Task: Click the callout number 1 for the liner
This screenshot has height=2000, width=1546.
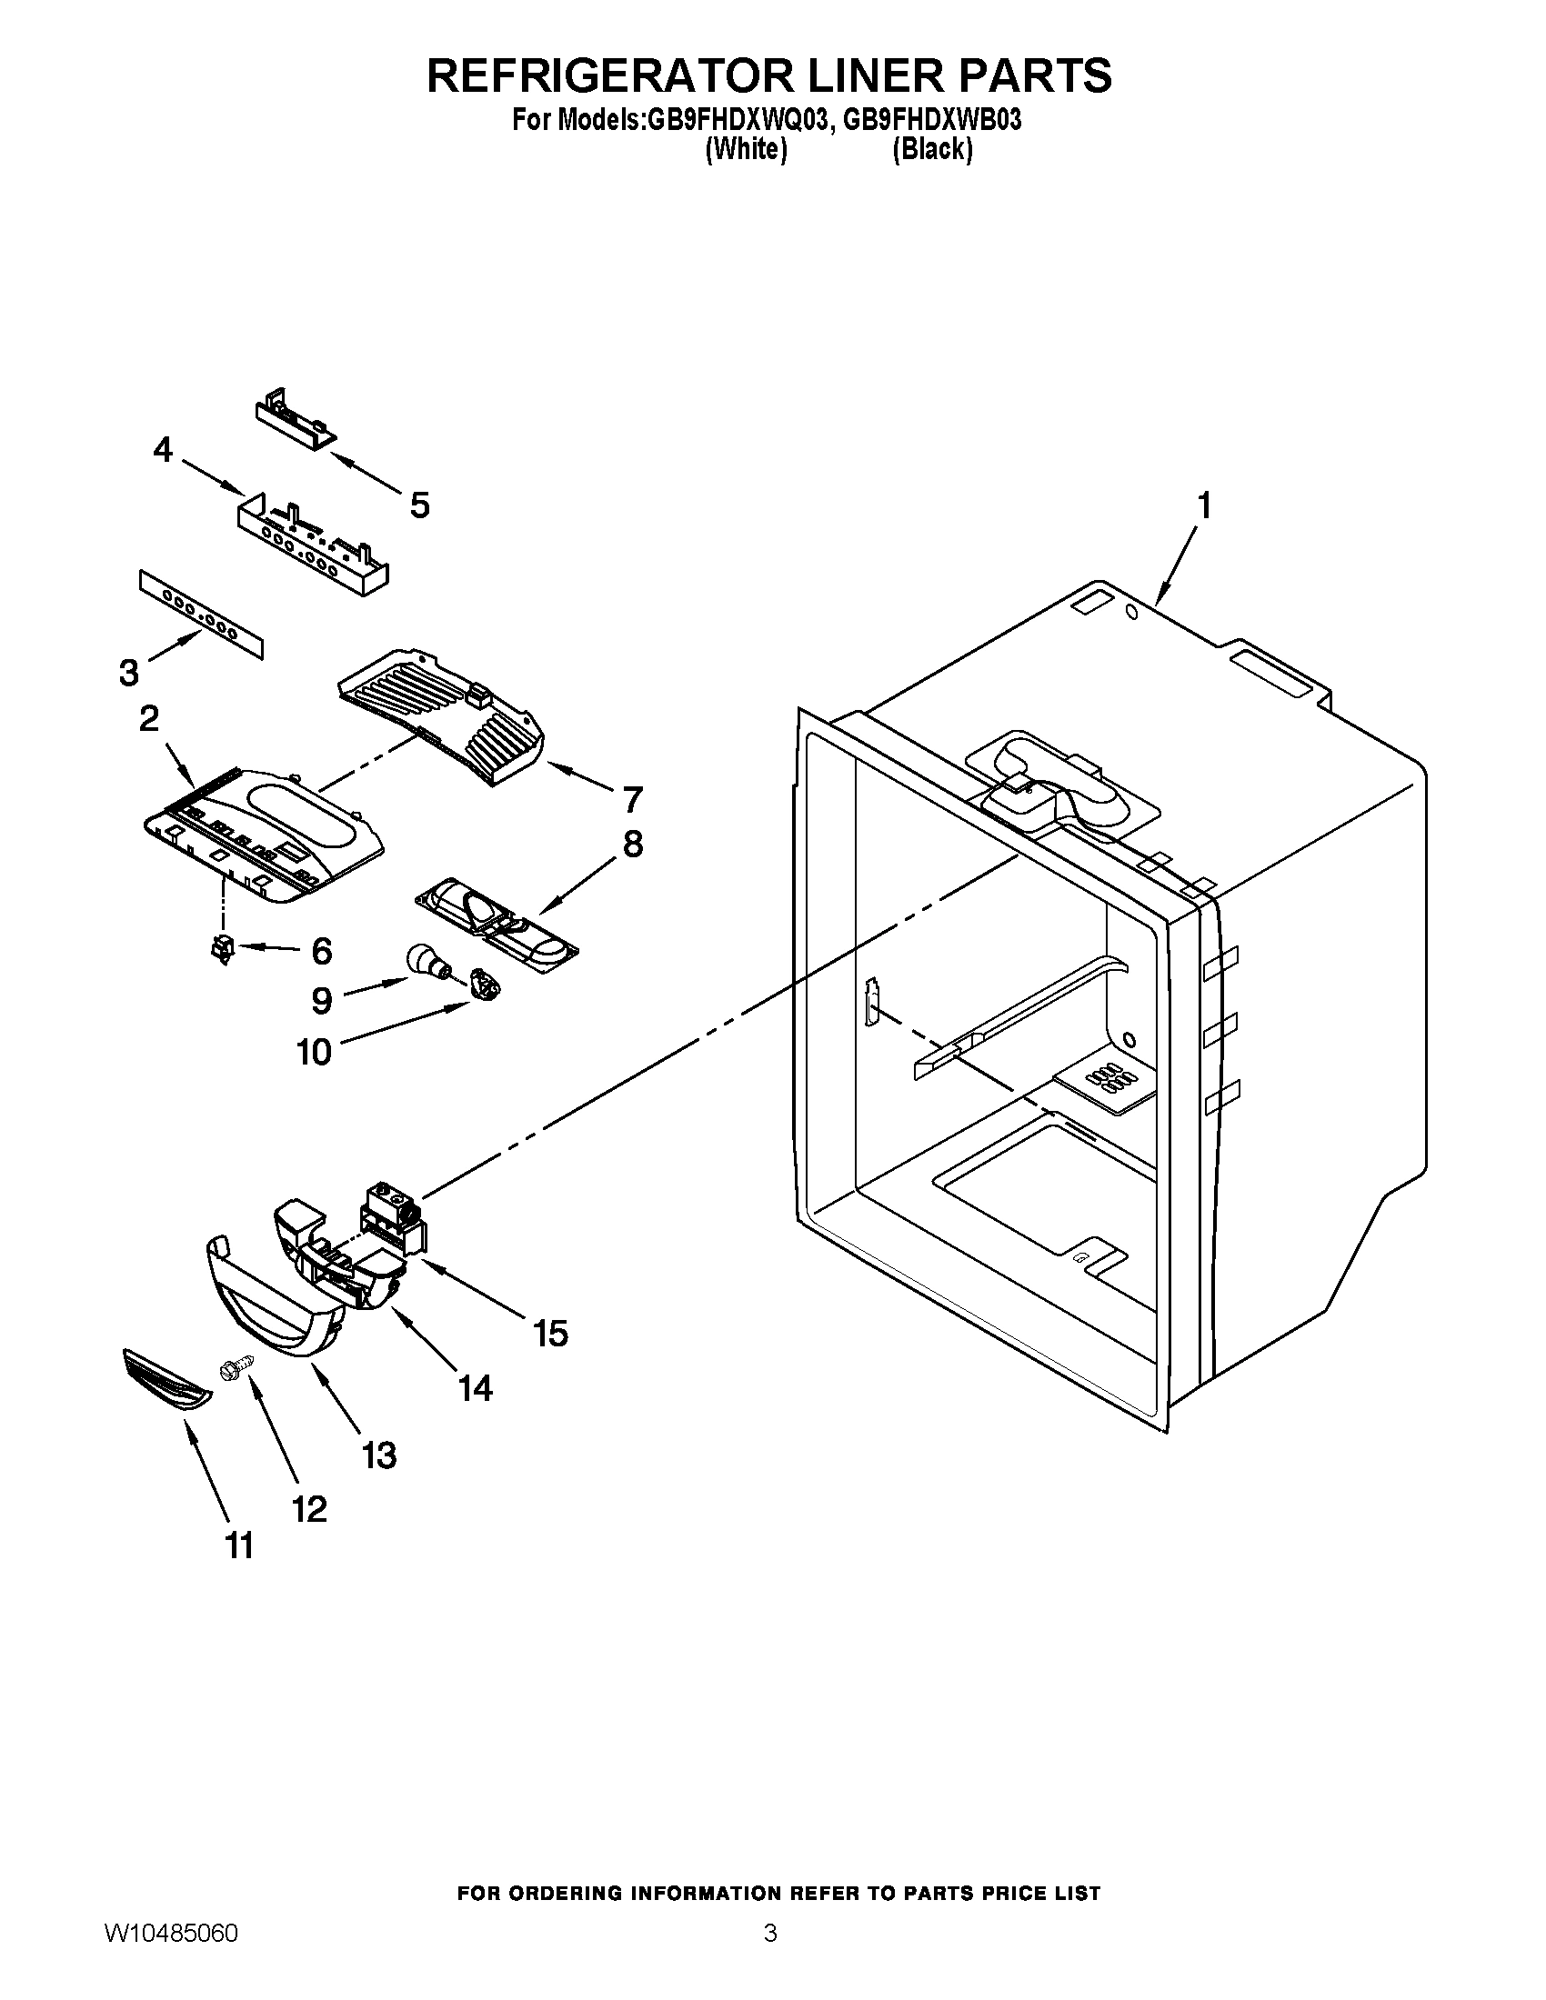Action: tap(1203, 505)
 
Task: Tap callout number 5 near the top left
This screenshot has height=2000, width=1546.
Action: tap(419, 505)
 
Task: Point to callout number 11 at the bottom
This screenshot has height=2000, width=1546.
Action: tap(239, 1545)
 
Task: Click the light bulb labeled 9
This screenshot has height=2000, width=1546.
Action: tap(426, 963)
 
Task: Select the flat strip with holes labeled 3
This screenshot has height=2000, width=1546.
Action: tap(201, 612)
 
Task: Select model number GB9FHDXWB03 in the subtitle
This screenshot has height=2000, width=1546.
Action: tap(931, 120)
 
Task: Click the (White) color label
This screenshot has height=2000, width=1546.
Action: tap(746, 149)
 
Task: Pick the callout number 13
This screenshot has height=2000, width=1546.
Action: tap(378, 1455)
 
